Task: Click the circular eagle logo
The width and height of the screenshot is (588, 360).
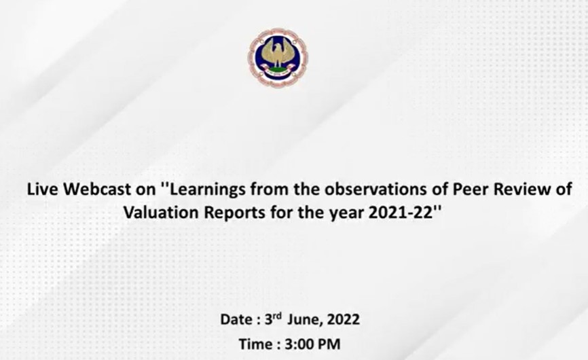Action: pyautogui.click(x=278, y=57)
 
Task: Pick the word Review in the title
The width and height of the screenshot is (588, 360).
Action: pyautogui.click(x=522, y=189)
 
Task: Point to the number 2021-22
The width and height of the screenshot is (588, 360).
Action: pyautogui.click(x=401, y=213)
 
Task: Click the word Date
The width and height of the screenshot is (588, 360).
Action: pyautogui.click(x=236, y=319)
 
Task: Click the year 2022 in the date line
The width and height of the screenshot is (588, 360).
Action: pyautogui.click(x=343, y=319)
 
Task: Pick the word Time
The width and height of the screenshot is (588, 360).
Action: pyautogui.click(x=257, y=344)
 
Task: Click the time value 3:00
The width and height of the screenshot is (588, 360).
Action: pyautogui.click(x=300, y=344)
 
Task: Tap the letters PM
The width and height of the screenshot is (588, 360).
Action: pyautogui.click(x=330, y=344)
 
